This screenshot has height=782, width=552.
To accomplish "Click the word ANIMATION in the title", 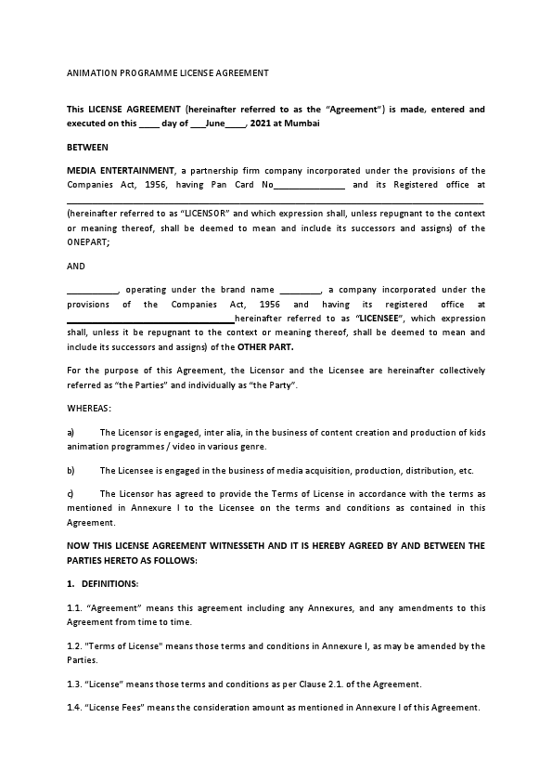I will coord(89,72).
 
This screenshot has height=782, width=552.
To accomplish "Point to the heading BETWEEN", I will coord(87,147).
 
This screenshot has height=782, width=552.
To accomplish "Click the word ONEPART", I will coord(87,242).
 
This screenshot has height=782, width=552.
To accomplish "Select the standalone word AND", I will coord(76,266).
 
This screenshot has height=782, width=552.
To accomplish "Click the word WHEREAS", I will coord(88,408).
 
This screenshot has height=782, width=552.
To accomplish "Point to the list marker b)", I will coord(71,470).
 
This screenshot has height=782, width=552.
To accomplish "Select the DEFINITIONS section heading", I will coord(109,583).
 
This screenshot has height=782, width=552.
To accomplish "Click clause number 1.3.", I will coord(75,684).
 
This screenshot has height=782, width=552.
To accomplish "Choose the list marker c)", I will coord(71,493).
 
